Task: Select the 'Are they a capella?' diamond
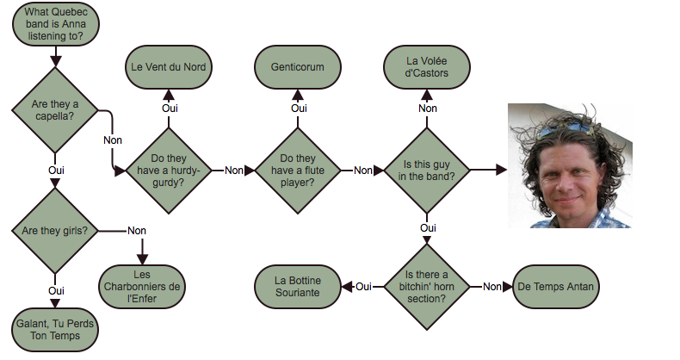coord(56,111)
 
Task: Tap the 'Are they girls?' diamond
coord(56,230)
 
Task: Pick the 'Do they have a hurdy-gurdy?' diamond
coord(169,171)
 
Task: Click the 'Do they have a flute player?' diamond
coord(299,171)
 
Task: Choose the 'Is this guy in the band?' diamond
coord(428,171)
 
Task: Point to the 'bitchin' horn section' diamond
coord(428,286)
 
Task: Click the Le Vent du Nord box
coord(169,66)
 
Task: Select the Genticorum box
coord(299,66)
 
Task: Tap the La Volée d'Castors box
coord(428,66)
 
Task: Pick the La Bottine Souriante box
coord(297,286)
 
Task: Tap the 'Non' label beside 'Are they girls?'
coord(137,230)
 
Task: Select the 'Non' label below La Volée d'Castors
coord(428,108)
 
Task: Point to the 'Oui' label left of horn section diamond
coord(363,286)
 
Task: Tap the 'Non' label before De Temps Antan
coord(491,286)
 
